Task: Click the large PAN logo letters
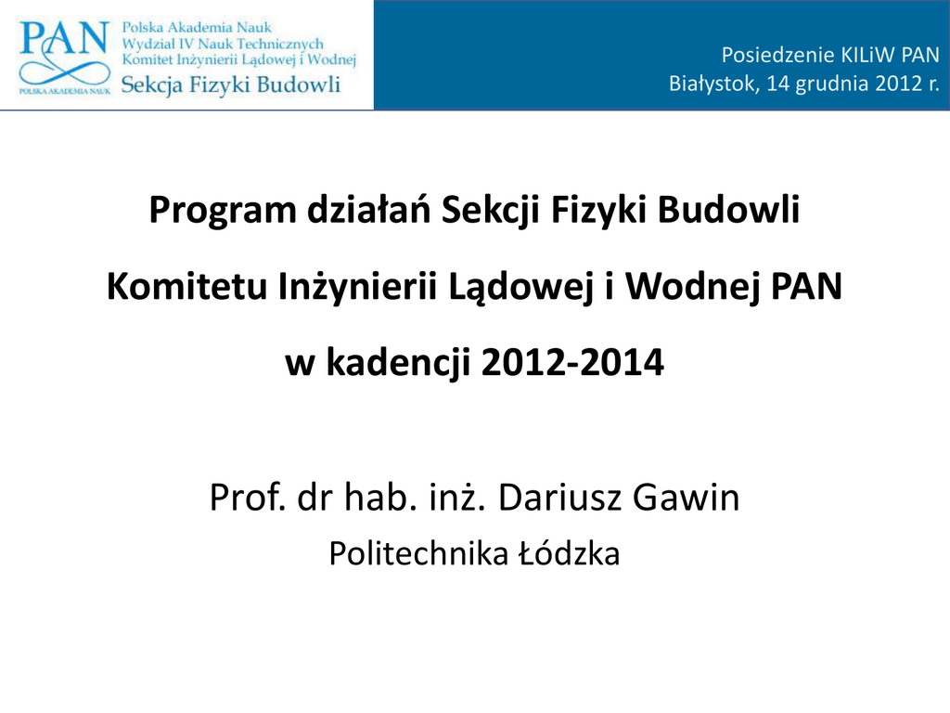[64, 38]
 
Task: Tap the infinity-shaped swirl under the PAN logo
[64, 71]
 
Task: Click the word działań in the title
[368, 209]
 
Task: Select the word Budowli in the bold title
[729, 209]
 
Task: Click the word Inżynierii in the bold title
[357, 287]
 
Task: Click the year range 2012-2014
[572, 362]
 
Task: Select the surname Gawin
[686, 498]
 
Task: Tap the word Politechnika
[418, 553]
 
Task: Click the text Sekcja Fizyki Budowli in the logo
[231, 84]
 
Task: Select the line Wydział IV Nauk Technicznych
[223, 44]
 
